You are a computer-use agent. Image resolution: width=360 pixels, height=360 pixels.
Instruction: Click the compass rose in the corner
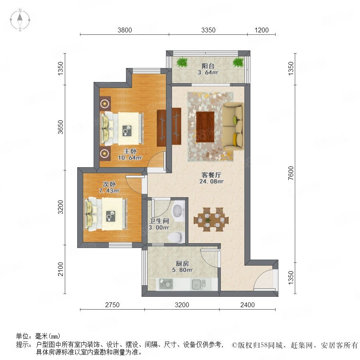click(20, 20)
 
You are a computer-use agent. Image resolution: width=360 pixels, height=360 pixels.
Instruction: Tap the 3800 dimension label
click(125, 30)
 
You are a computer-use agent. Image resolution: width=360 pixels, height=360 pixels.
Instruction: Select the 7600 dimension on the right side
click(291, 173)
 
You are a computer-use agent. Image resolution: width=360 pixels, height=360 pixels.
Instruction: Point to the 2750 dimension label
click(112, 305)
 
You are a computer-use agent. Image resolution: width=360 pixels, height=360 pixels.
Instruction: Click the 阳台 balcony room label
click(208, 66)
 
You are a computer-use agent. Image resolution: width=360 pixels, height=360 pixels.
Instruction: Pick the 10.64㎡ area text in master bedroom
click(130, 158)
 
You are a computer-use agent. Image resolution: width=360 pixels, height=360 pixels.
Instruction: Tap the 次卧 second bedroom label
click(109, 184)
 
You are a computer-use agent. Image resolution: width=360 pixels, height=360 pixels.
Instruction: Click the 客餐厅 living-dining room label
click(211, 175)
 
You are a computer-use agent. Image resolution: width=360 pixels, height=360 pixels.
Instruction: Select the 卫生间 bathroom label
click(159, 221)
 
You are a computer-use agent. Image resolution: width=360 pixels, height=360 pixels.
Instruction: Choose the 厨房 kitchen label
click(182, 263)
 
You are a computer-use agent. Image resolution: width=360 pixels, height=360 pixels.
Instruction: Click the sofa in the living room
click(233, 126)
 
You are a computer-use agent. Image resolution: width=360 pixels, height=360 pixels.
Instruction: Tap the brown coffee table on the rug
click(205, 127)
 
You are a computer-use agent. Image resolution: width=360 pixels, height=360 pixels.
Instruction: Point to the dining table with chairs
click(211, 219)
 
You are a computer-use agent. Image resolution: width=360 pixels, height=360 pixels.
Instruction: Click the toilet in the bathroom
click(176, 237)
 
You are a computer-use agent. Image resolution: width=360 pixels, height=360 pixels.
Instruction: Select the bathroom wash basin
click(178, 211)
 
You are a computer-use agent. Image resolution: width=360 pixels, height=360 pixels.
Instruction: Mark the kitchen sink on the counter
click(198, 285)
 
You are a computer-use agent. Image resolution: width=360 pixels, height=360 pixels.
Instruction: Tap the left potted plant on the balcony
click(182, 62)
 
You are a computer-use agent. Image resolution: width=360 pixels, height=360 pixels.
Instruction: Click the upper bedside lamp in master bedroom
click(105, 104)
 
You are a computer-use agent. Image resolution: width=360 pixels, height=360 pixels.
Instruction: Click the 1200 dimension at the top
click(262, 30)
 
